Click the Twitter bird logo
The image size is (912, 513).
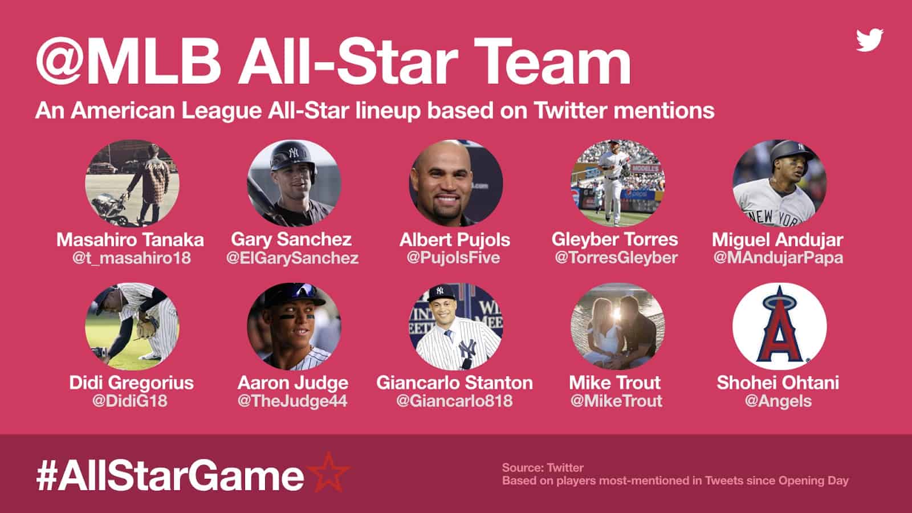coord(869,40)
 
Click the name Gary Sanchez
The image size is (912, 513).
coord(291,239)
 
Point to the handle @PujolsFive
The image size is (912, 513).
coord(454,258)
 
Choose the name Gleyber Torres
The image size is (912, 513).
coord(615,239)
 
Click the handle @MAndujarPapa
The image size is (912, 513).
coord(778,258)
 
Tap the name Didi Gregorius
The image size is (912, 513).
coord(131,382)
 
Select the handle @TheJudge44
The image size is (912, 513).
coord(292,401)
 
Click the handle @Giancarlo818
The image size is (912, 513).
coord(454,401)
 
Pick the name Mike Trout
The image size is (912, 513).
coord(615,382)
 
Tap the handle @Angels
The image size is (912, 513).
coord(778,401)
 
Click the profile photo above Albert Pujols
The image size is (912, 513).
coord(455,184)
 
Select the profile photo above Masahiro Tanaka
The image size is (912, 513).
coord(132,184)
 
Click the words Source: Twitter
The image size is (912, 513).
coord(543,468)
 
